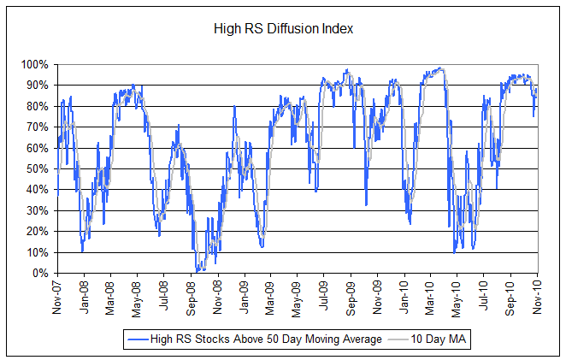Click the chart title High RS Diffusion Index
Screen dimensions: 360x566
click(283, 29)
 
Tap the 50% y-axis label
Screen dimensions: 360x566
click(37, 168)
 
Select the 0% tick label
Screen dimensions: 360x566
click(39, 274)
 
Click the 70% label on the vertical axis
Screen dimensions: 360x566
click(37, 127)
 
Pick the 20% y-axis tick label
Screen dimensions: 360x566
click(37, 232)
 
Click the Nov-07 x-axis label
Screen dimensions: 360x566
click(57, 295)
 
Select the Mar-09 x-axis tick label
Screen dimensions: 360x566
click(271, 295)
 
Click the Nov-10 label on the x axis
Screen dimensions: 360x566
click(539, 295)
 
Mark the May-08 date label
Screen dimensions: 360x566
click(138, 295)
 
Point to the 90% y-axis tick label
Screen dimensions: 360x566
click(37, 85)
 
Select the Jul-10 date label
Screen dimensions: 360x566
click(485, 295)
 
